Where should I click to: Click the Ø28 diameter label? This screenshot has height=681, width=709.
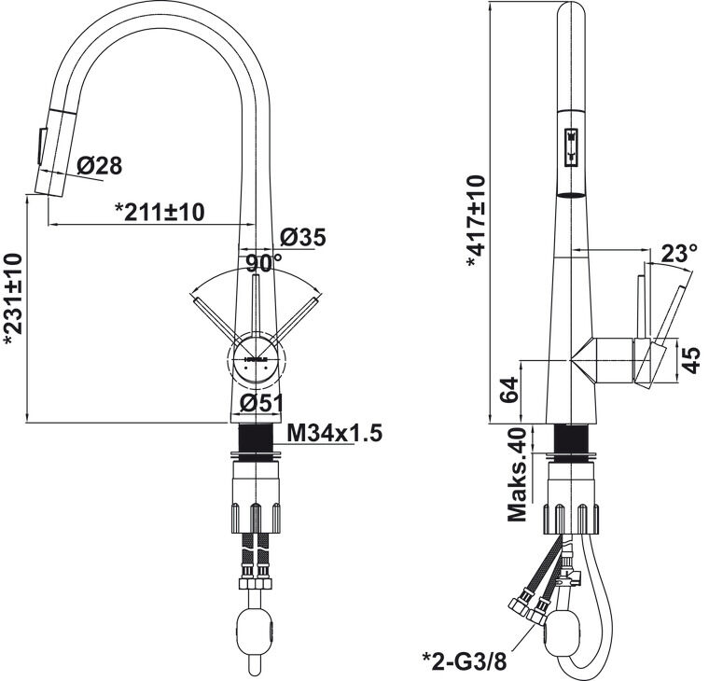pos(99,165)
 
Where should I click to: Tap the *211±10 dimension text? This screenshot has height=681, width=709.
pos(160,212)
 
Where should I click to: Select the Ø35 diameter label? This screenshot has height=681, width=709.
pos(302,237)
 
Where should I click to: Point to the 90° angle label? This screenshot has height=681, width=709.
pos(264,263)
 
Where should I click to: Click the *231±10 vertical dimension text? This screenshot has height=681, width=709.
pos(13,300)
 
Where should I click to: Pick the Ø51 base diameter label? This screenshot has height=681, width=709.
pos(261,403)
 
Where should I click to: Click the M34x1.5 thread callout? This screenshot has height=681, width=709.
pos(335,433)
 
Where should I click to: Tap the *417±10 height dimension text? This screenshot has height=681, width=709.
pos(476,222)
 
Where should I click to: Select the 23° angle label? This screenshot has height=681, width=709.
pos(678,254)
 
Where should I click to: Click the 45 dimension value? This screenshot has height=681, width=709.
pos(690,360)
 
